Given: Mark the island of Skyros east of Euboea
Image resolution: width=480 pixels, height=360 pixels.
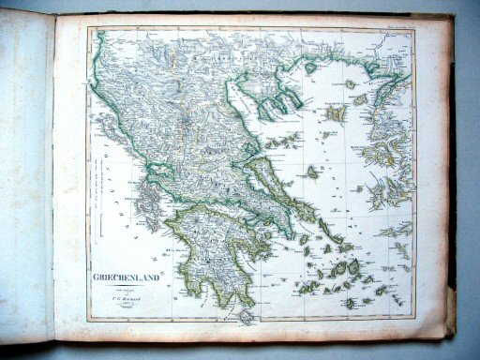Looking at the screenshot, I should [x=312, y=172].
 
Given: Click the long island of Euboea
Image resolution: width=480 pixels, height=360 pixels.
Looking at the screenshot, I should [x=277, y=188].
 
